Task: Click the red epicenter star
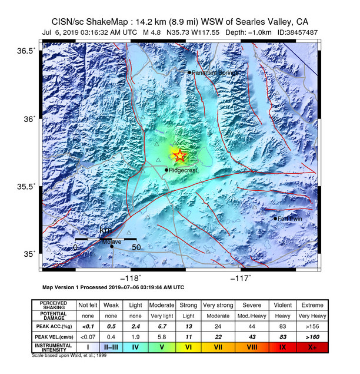pos(179,155)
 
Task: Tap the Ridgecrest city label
pos(184,171)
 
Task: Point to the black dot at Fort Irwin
pos(275,219)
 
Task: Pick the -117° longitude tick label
pos(241,278)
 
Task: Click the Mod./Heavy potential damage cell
pos(252,315)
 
